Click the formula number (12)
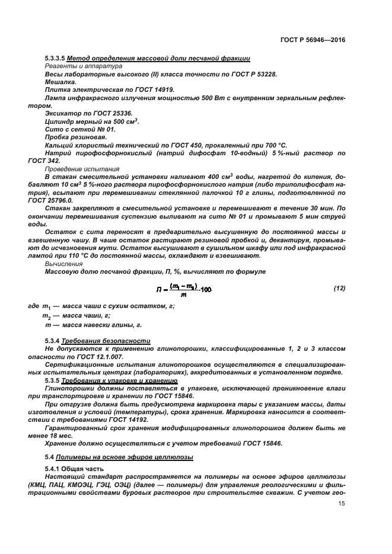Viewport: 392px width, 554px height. pos(339,288)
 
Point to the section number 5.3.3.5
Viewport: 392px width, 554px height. pos(55,58)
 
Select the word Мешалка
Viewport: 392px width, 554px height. pos(60,82)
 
